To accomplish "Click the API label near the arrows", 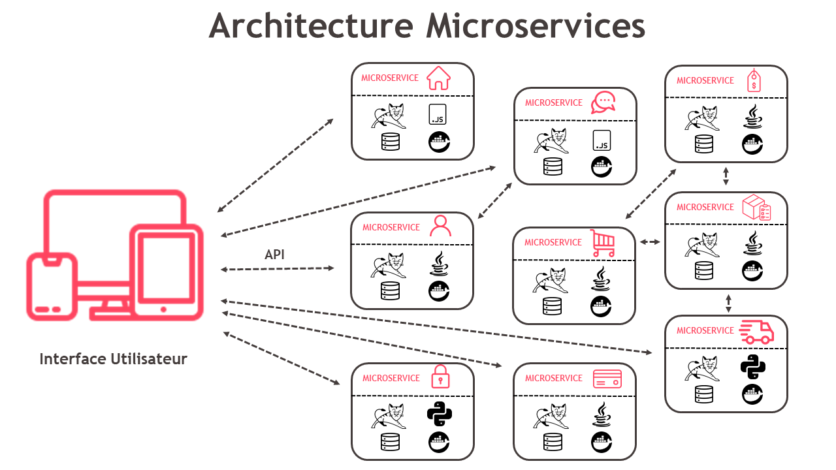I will pyautogui.click(x=274, y=255).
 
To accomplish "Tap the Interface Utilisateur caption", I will pyautogui.click(x=113, y=359).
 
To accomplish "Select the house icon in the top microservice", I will pyautogui.click(x=438, y=78).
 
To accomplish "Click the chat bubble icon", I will pyautogui.click(x=603, y=102).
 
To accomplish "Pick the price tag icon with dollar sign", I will pyautogui.click(x=754, y=81).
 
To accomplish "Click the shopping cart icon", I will pyautogui.click(x=602, y=243).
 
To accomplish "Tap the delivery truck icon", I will pyautogui.click(x=756, y=332).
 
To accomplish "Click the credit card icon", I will pyautogui.click(x=607, y=379).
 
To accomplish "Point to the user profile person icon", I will pyautogui.click(x=440, y=227).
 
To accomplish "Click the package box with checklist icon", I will pyautogui.click(x=756, y=208).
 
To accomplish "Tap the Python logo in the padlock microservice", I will pyautogui.click(x=440, y=414).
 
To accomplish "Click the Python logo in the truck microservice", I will pyautogui.click(x=752, y=368).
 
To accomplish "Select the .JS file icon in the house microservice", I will pyautogui.click(x=437, y=114).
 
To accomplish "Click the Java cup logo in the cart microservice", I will pyautogui.click(x=602, y=279).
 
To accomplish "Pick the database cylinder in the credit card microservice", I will pyautogui.click(x=552, y=442).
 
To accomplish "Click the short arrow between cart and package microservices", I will pyautogui.click(x=650, y=242).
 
